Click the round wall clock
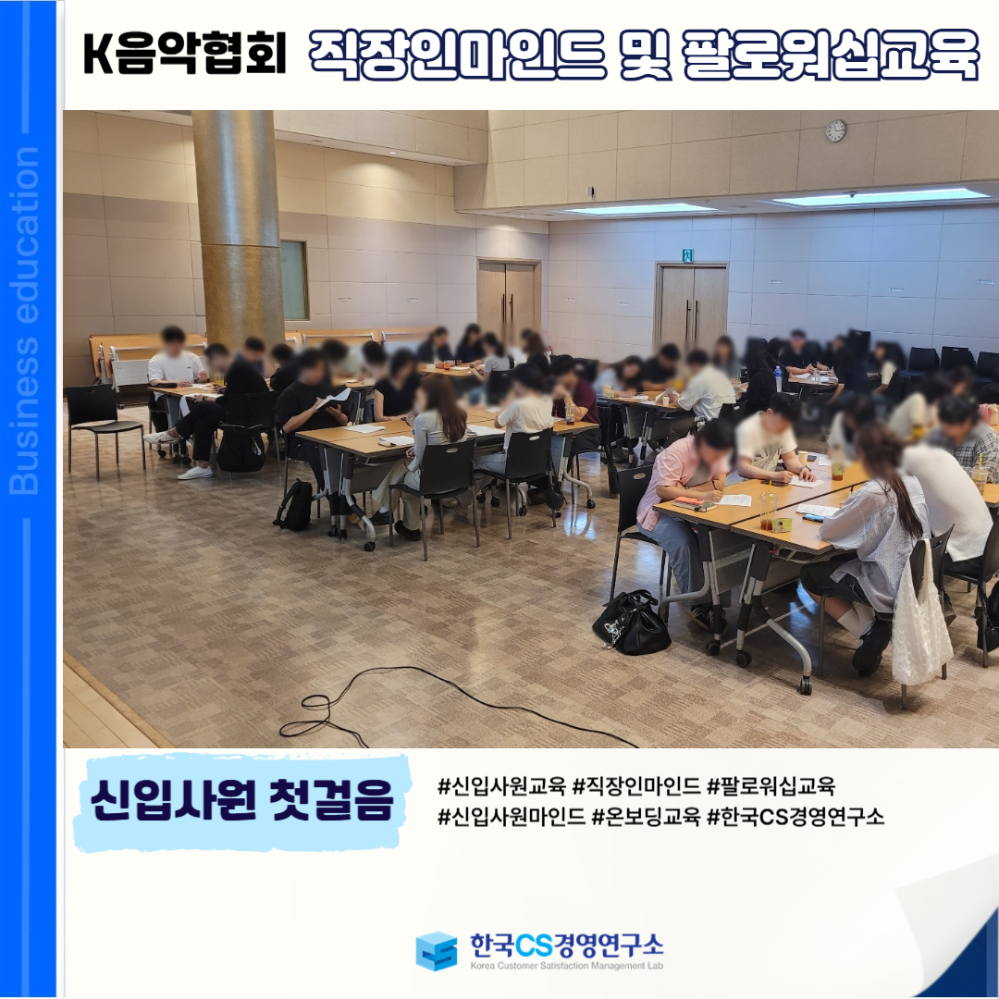pos(835,130)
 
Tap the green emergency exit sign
pos(687,255)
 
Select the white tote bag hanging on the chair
pos(920,618)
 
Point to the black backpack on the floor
pos(294,505)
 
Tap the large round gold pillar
pos(239,229)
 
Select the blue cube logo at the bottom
pos(437,951)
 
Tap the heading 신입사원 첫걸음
pos(242,799)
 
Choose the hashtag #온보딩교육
pos(646,816)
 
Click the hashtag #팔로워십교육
pos(771,786)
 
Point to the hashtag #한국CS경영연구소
pos(795,816)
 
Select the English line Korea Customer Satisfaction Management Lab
pos(566,966)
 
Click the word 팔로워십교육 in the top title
pos(830,55)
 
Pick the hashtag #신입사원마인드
pos(511,816)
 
